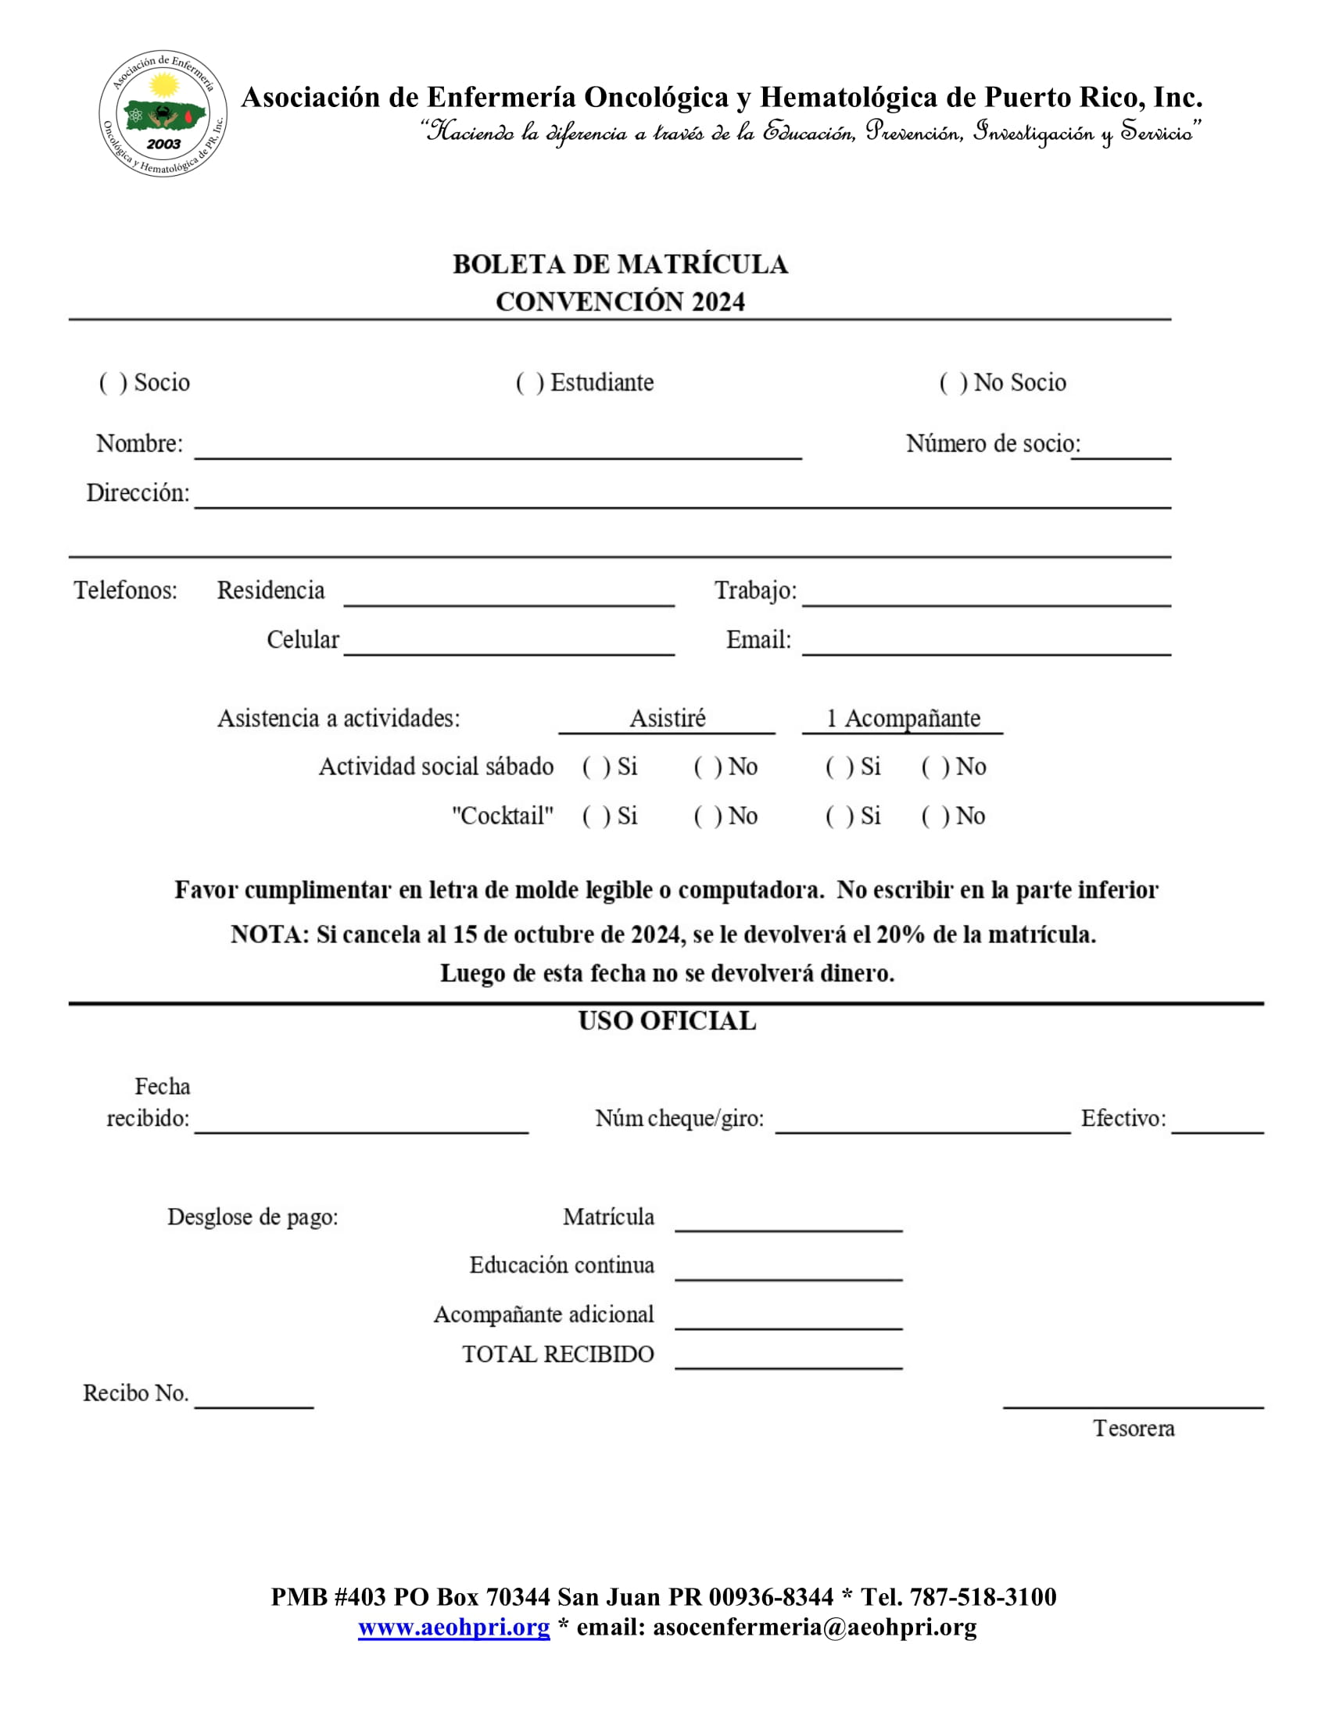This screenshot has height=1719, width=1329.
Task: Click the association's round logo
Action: (163, 113)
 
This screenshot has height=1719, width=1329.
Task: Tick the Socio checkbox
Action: (113, 384)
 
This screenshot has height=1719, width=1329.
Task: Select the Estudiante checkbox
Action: (529, 384)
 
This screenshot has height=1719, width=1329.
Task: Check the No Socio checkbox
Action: (953, 384)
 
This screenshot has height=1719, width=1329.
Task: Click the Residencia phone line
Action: (509, 596)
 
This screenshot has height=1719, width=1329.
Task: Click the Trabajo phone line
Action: (986, 596)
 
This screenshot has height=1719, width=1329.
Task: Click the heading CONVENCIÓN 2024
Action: (620, 302)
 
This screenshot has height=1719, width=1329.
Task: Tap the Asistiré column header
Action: (667, 718)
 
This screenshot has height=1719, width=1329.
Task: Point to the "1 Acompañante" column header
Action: (902, 718)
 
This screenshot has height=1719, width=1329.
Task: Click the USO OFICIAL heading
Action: (667, 1021)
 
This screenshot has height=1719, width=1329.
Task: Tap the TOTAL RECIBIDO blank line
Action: (788, 1360)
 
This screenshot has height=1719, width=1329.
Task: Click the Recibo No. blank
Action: (253, 1399)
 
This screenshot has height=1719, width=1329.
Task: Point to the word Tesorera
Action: (1133, 1428)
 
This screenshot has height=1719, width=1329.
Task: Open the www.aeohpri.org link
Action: (453, 1627)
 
